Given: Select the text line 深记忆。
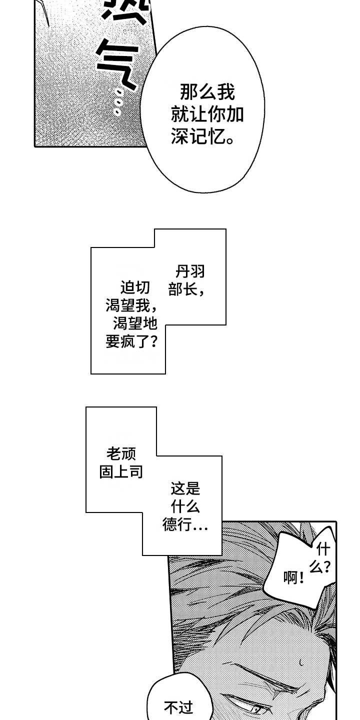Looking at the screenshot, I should pyautogui.click(x=203, y=137).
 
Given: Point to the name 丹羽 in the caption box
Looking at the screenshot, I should pyautogui.click(x=190, y=272).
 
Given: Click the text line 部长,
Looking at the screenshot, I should pyautogui.click(x=186, y=290).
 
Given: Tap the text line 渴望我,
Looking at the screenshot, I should pyautogui.click(x=132, y=306).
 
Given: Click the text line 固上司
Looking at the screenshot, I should pyautogui.click(x=121, y=472).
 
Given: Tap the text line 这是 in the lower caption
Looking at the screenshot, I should pyautogui.click(x=185, y=488).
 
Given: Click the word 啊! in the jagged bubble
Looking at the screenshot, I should pyautogui.click(x=294, y=578).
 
